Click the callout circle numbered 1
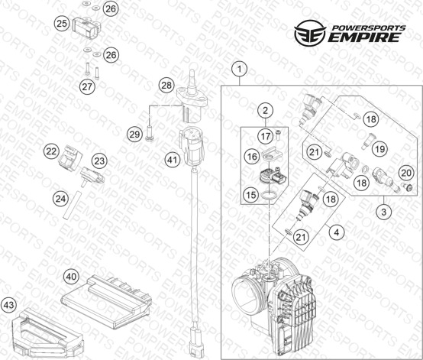pyautogui.click(x=239, y=70)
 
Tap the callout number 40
pyautogui.click(x=71, y=277)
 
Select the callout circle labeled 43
pyautogui.click(x=8, y=305)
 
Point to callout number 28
pyautogui.click(x=166, y=86)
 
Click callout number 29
pyautogui.click(x=134, y=135)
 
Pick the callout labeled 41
pyautogui.click(x=173, y=160)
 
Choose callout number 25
pyautogui.click(x=62, y=23)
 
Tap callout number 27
pyautogui.click(x=87, y=86)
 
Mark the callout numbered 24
pyautogui.click(x=60, y=199)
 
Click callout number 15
pyautogui.click(x=251, y=195)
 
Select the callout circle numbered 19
pyautogui.click(x=379, y=148)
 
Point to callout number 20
pyautogui.click(x=406, y=173)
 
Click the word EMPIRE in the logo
pyautogui.click(x=363, y=37)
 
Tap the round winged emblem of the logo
pyautogui.click(x=310, y=33)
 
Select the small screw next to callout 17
pyautogui.click(x=279, y=135)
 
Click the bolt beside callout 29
pyautogui.click(x=149, y=134)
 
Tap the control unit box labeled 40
pyautogui.click(x=106, y=301)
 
